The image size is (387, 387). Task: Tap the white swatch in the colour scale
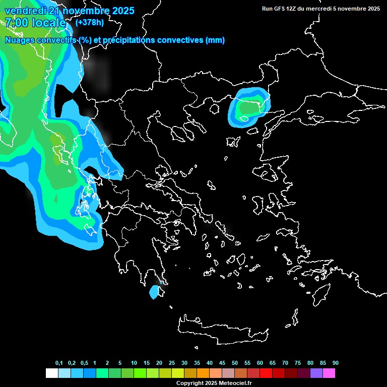point(51,373)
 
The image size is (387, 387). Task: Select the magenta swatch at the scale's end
point(329,373)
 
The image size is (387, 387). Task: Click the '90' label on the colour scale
point(335,363)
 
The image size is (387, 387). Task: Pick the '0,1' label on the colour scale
point(59,363)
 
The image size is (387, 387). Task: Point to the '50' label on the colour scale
point(235,363)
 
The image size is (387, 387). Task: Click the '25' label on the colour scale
point(172,363)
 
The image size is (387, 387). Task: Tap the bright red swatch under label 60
point(266,373)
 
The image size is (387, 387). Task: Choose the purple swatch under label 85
point(316,373)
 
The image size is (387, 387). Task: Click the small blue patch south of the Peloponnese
point(154,292)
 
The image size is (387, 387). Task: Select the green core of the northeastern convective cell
point(248,107)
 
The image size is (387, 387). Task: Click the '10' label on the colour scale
point(134,363)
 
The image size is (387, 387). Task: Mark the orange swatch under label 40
point(203,373)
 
